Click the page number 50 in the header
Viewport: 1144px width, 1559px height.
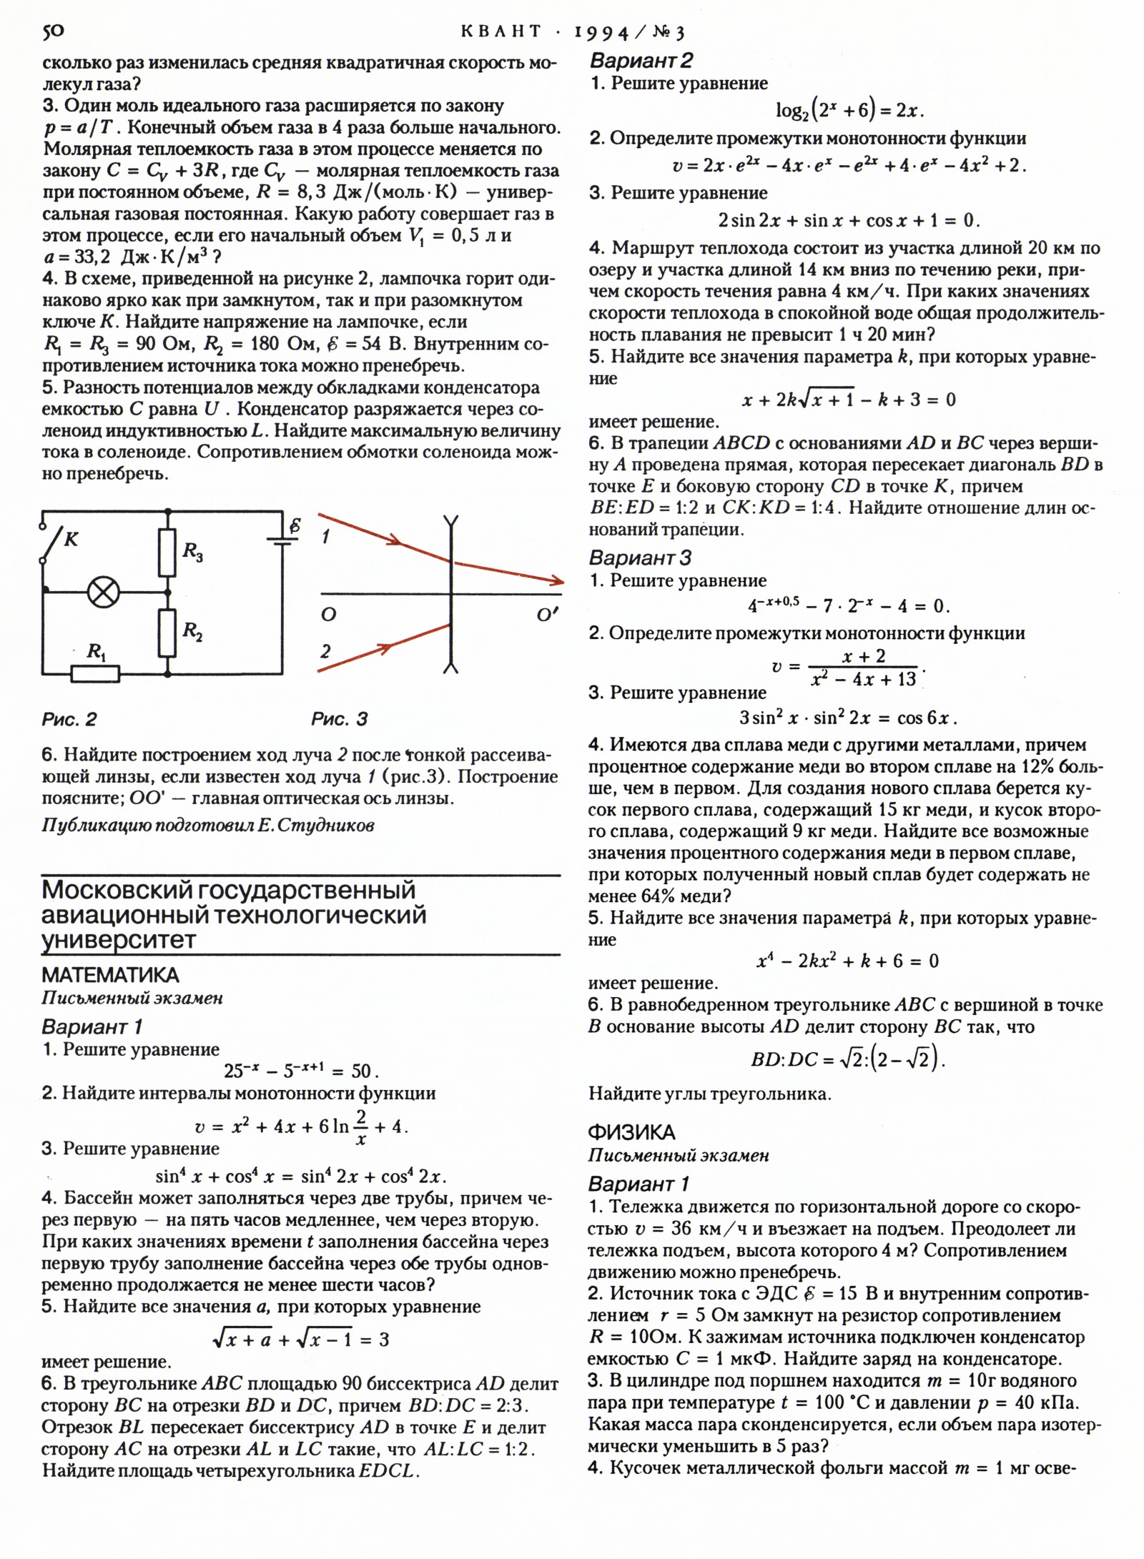click(x=53, y=31)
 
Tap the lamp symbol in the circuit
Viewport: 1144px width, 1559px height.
click(x=104, y=592)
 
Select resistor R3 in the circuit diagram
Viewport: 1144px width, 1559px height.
click(x=167, y=553)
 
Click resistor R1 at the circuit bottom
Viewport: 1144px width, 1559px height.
click(x=95, y=673)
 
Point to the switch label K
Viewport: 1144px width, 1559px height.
click(x=71, y=539)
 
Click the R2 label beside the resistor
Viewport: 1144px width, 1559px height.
click(x=192, y=630)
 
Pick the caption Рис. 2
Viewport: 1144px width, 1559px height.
click(x=69, y=719)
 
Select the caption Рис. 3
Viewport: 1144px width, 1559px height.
click(x=339, y=719)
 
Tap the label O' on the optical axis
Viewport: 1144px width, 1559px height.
click(x=547, y=614)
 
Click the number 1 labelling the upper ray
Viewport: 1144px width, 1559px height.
click(x=326, y=536)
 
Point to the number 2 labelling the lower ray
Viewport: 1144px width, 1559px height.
click(x=326, y=650)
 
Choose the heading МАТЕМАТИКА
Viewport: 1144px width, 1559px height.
click(x=110, y=975)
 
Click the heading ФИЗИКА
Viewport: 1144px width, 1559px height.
click(x=631, y=1132)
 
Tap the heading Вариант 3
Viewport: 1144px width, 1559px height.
click(x=640, y=558)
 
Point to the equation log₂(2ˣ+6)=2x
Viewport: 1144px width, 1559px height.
click(x=850, y=110)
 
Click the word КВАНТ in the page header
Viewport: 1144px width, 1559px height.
click(x=501, y=31)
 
